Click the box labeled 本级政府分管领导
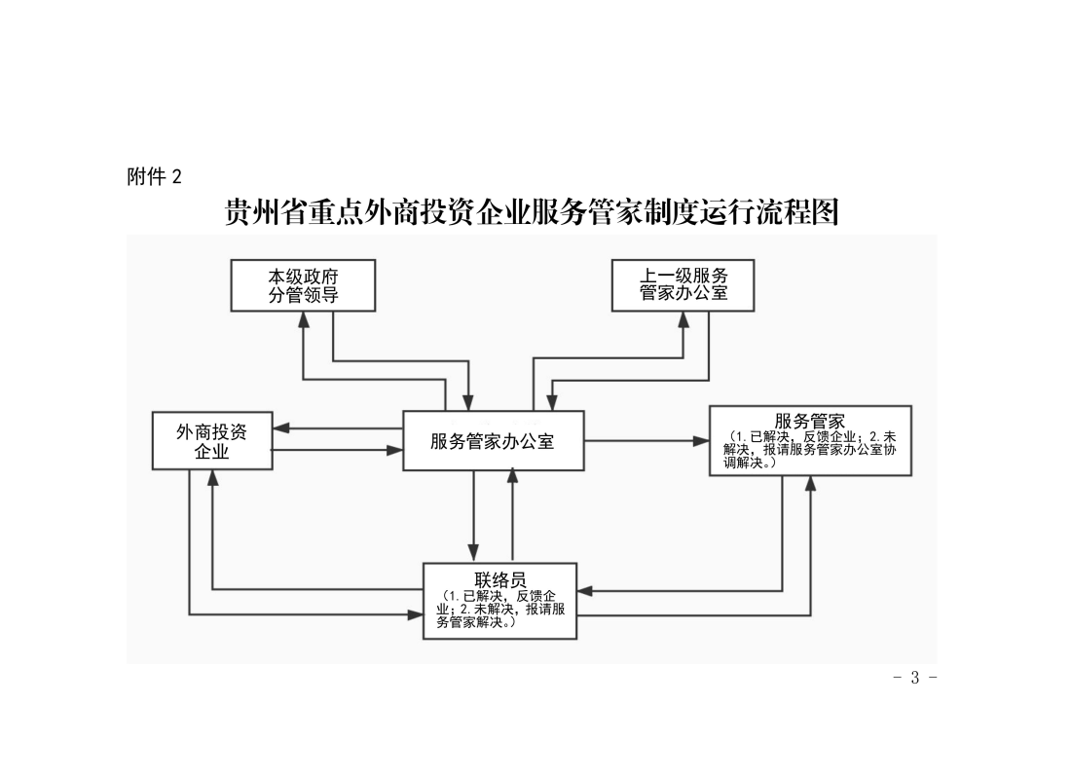click(303, 285)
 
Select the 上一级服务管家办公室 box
click(683, 285)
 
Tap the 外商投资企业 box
click(212, 441)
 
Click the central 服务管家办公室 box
click(494, 441)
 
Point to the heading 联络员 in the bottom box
click(500, 580)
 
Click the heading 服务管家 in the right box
click(810, 421)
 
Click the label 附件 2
click(155, 177)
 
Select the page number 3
click(914, 677)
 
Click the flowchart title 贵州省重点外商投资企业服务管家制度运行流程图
click(532, 212)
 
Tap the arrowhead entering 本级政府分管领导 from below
click(304, 319)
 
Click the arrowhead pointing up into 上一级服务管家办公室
click(683, 319)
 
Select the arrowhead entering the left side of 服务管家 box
click(701, 441)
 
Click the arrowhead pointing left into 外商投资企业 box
click(281, 428)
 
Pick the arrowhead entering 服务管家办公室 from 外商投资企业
click(394, 450)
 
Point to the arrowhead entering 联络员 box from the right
click(585, 590)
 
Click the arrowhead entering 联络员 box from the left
click(416, 615)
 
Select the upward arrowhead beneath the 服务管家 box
click(811, 484)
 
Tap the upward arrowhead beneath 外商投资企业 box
click(213, 478)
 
